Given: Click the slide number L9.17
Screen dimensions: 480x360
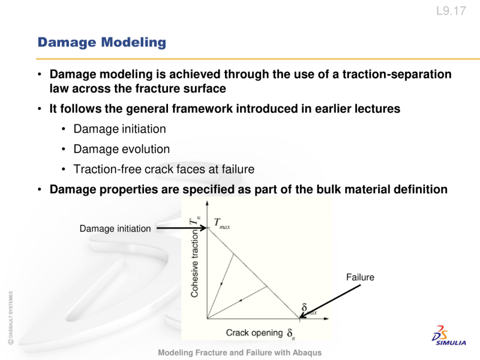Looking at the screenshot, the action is point(451,11).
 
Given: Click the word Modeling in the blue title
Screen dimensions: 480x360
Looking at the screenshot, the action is point(134,43).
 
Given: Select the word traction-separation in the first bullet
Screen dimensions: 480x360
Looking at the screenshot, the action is point(397,74).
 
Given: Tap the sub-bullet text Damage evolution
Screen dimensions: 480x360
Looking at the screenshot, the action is point(121,149).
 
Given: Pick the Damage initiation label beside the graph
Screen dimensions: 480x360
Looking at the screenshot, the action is point(115,229).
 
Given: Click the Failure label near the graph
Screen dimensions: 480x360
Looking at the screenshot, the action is point(360,277).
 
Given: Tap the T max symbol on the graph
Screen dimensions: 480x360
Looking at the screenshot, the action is point(222,223).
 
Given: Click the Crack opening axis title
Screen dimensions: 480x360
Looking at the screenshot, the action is point(254,333).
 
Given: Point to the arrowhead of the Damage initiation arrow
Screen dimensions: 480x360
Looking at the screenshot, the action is point(204,228).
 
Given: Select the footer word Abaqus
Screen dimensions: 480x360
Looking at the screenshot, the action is point(307,353).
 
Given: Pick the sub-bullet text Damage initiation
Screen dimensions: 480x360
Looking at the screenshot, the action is point(120,129).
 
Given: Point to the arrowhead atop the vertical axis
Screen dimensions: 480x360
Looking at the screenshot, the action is point(207,203).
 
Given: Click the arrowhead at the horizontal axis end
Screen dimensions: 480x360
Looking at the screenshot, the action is point(326,319).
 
